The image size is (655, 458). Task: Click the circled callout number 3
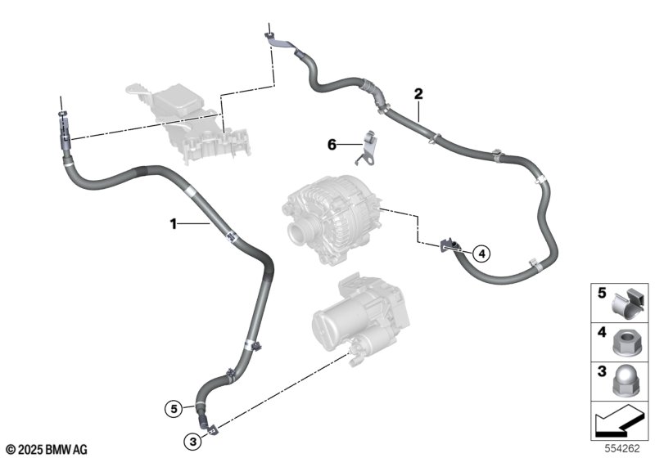pos(192,442)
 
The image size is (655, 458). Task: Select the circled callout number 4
pos(481,254)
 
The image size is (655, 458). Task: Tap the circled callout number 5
pos(174,409)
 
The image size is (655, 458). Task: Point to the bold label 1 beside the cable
pos(174,224)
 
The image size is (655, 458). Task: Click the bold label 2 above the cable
pos(418,94)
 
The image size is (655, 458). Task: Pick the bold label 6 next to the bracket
pos(332,145)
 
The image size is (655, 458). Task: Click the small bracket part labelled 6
pos(366,147)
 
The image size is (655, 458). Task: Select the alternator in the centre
pos(330,220)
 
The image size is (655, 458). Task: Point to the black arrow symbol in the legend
pos(619,423)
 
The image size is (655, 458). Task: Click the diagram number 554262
pos(622,448)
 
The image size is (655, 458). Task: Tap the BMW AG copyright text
pos(47,449)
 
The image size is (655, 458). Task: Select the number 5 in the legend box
pos(602,294)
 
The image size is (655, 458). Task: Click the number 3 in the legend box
pos(602,371)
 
